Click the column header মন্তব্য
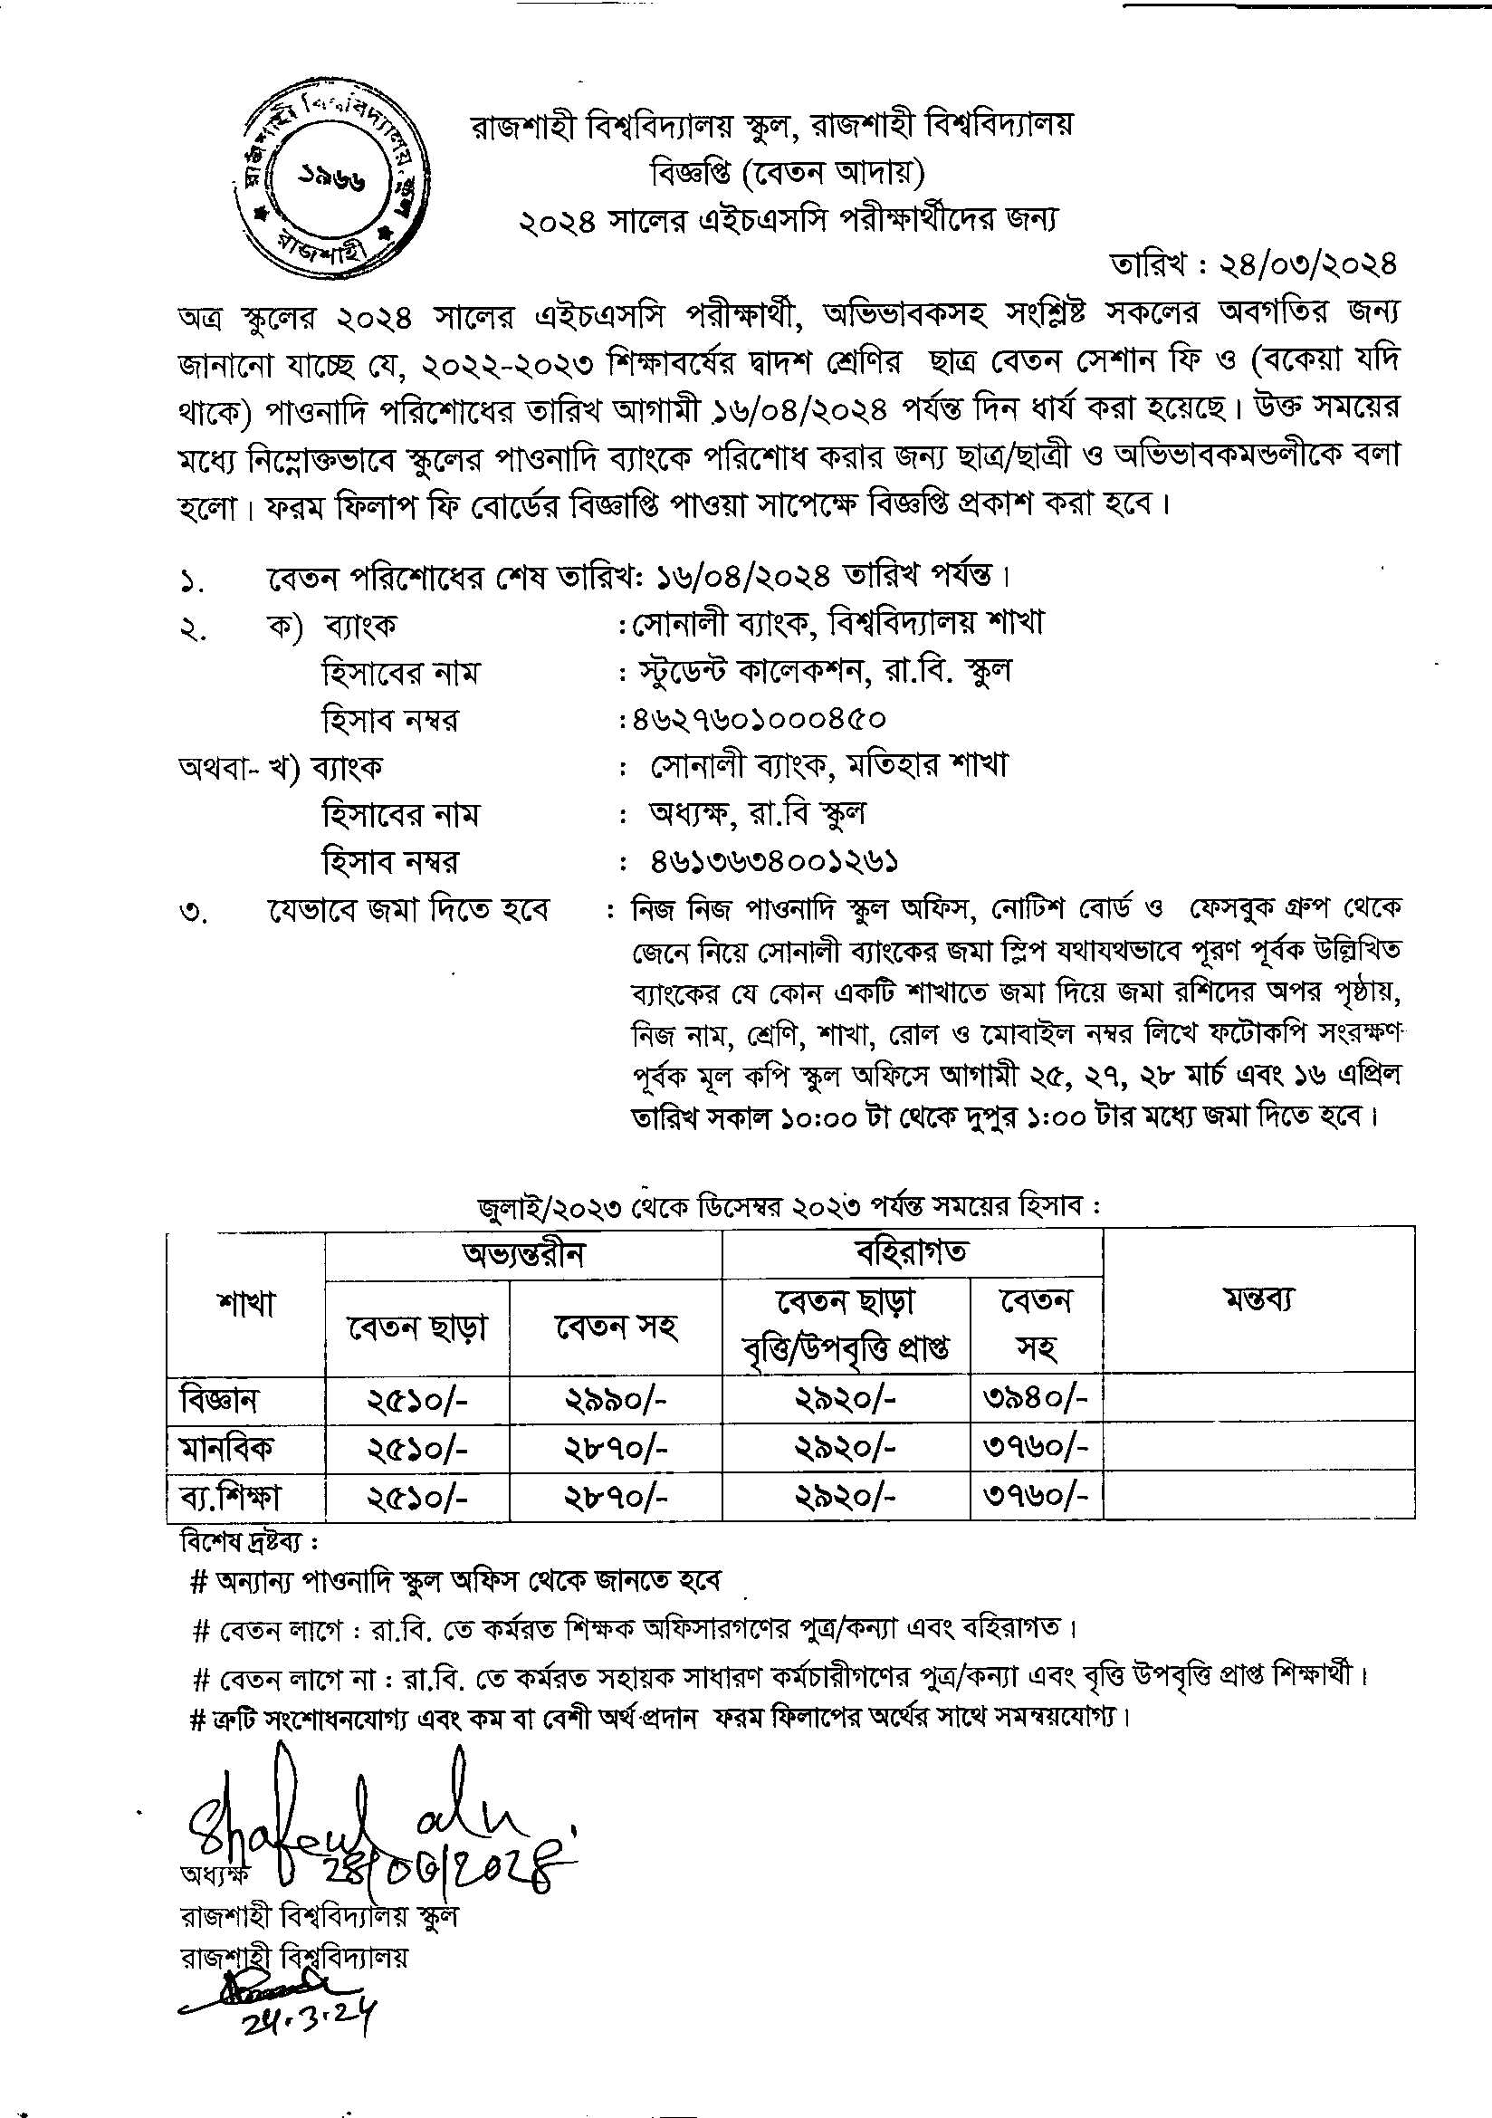tap(1258, 1299)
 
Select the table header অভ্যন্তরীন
tap(523, 1253)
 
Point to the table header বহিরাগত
tap(911, 1251)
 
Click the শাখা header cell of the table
tap(246, 1304)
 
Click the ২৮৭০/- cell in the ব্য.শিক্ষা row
tap(615, 1497)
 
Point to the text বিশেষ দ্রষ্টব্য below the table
tap(249, 1541)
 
